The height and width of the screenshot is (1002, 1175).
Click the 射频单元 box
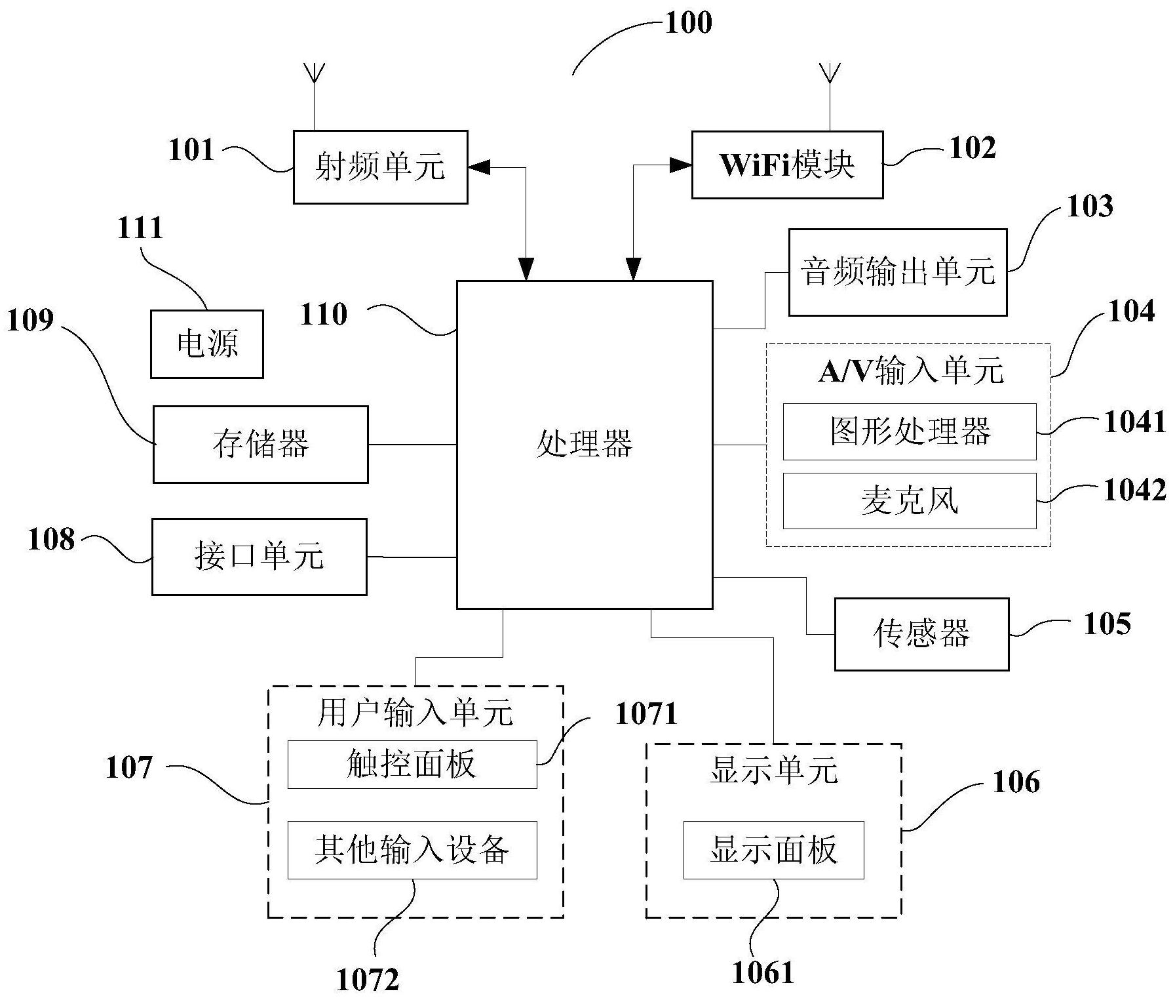point(380,167)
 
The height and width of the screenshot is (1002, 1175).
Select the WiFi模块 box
point(787,165)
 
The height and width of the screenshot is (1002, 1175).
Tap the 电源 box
point(207,344)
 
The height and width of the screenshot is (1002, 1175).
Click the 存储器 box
point(260,444)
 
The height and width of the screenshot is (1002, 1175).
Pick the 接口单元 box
point(259,557)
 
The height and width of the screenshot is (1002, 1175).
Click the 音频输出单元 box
point(897,271)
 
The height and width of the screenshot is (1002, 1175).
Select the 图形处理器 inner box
point(910,431)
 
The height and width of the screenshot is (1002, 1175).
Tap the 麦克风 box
point(910,501)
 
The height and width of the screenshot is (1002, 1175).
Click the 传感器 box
point(921,633)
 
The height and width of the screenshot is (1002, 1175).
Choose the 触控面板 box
point(412,765)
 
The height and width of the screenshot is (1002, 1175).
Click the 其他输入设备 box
point(412,850)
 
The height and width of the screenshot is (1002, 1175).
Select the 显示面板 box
point(773,850)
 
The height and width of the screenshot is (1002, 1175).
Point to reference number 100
point(688,23)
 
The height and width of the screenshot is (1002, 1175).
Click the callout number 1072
point(368,980)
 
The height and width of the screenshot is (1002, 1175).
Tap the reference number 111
point(140,228)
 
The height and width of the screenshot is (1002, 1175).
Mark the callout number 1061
point(763,972)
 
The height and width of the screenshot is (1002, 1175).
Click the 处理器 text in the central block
point(584,444)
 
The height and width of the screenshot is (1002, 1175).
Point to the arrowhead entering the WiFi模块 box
point(682,166)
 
